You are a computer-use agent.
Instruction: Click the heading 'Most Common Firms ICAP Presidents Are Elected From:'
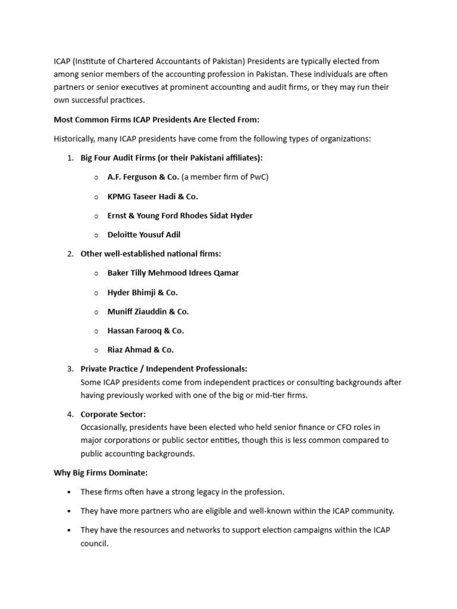156,120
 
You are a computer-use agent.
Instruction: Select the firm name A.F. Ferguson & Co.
143,177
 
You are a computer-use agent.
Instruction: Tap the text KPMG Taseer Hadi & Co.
152,196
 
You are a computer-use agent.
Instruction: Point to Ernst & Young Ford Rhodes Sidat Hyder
180,215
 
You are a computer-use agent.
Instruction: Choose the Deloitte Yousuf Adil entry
143,234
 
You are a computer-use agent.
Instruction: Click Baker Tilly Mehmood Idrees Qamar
173,273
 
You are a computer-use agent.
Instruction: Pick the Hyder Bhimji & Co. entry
142,292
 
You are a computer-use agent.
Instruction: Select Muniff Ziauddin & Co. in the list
148,311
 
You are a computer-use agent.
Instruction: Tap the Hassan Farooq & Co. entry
145,331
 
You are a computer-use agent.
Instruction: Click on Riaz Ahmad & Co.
140,350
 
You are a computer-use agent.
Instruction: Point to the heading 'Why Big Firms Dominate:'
101,473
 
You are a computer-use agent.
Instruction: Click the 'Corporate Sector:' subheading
113,414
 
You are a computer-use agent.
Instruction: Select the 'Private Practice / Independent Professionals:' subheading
164,369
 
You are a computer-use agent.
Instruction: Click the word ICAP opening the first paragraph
62,61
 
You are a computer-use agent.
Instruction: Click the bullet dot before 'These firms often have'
70,492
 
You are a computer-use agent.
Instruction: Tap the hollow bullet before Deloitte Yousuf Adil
96,235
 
